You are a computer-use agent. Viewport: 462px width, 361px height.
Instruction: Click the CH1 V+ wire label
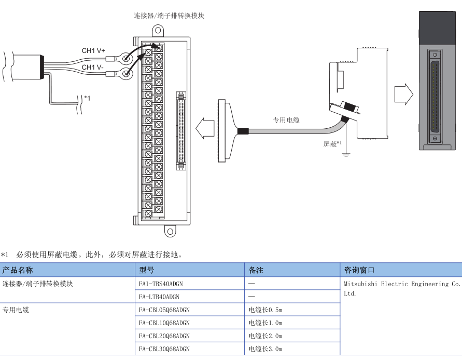[93, 50]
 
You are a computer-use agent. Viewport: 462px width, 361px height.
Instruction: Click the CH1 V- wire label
[93, 68]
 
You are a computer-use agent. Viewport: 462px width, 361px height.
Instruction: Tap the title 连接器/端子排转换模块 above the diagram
[169, 16]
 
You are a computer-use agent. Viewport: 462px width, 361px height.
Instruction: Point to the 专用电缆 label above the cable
[286, 120]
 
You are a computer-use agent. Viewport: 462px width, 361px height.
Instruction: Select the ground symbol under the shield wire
[345, 153]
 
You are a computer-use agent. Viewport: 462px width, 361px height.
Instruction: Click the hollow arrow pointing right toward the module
[403, 95]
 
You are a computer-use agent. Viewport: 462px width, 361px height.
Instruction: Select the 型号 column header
[146, 270]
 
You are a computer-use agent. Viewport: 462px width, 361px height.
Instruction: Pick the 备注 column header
[256, 270]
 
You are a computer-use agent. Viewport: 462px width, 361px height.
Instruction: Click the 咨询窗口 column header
[359, 270]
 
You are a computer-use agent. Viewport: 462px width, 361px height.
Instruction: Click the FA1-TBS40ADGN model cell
[161, 284]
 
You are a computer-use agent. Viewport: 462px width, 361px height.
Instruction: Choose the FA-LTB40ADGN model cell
[159, 297]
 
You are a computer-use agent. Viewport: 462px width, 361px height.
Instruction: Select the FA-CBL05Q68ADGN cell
[164, 310]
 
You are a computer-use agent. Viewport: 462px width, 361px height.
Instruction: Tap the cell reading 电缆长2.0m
[265, 336]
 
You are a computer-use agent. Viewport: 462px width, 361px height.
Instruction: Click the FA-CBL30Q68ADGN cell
[164, 349]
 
